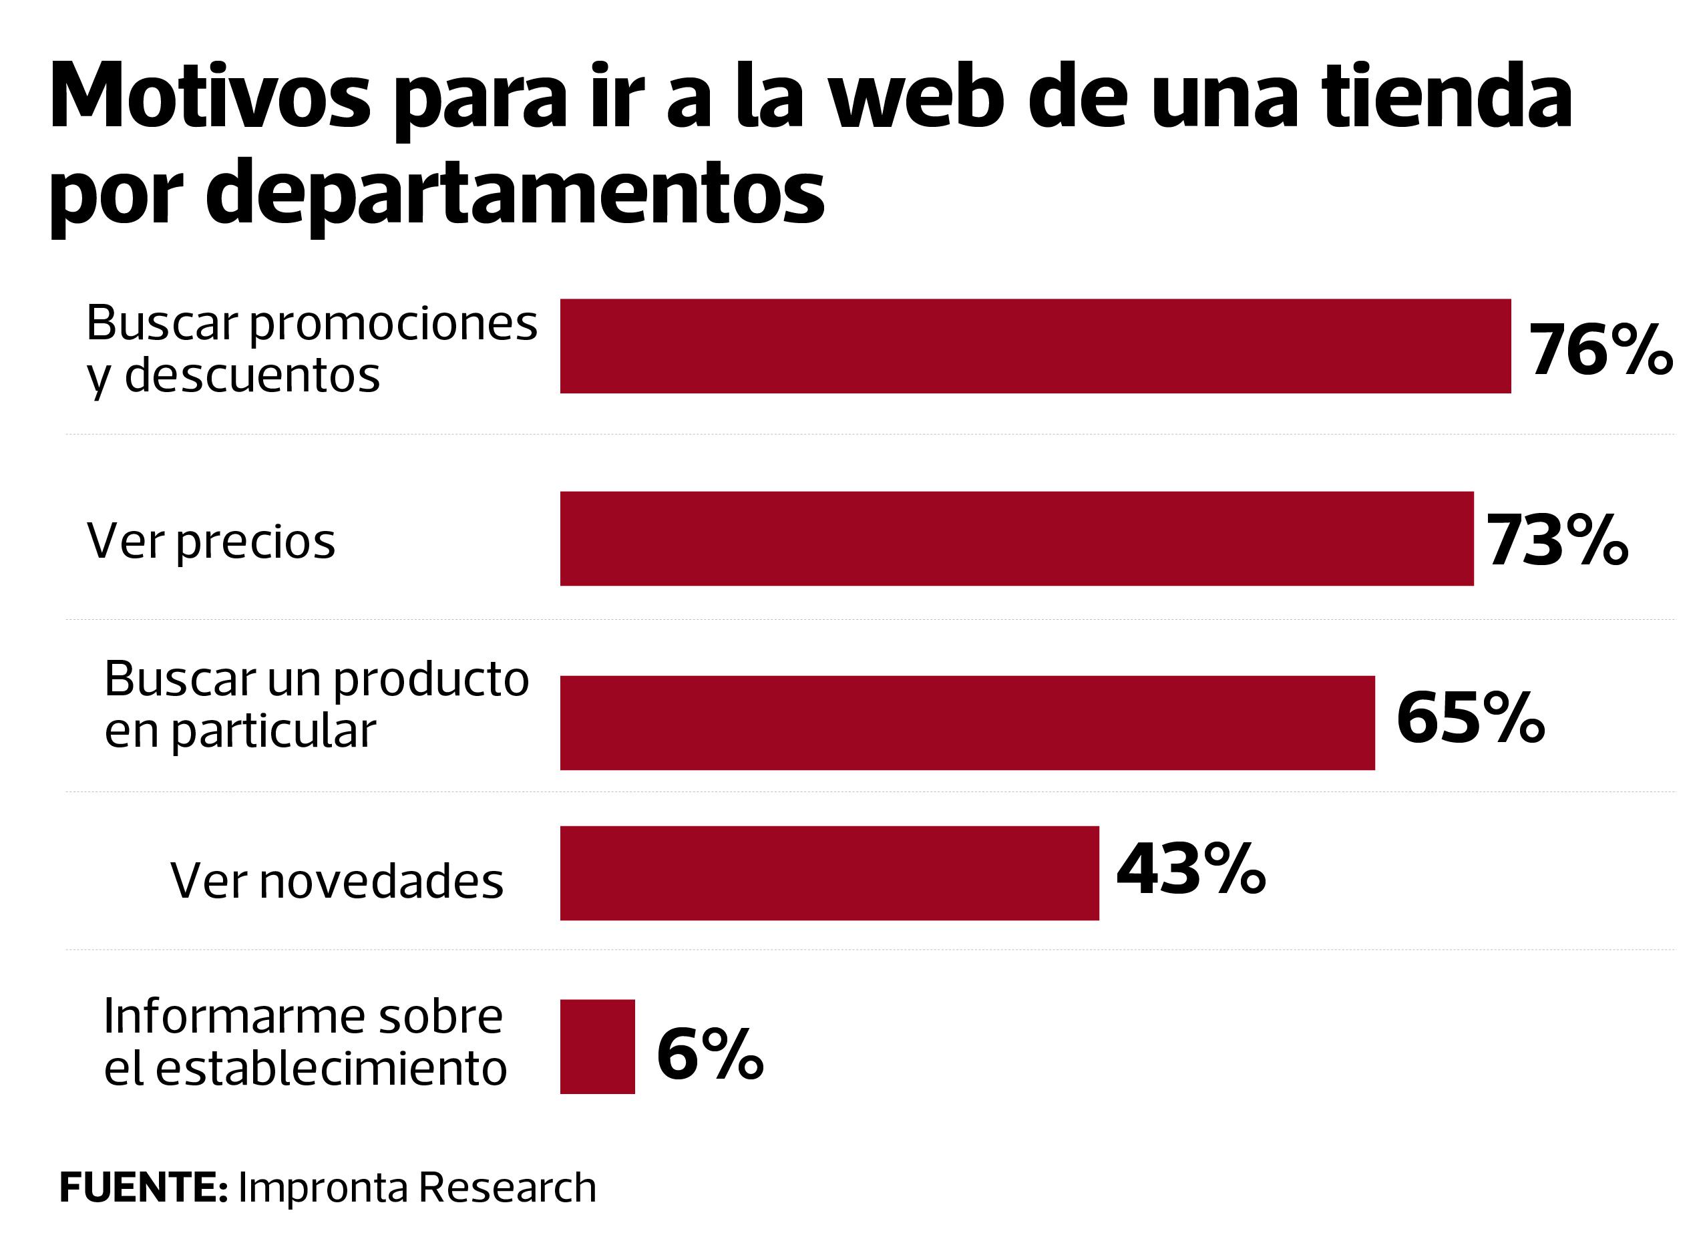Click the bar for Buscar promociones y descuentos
click(x=1035, y=346)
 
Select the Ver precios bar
click(x=1016, y=539)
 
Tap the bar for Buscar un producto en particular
click(x=967, y=723)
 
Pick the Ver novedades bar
click(x=829, y=874)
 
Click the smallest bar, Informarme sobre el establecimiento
click(x=598, y=1047)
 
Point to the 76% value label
click(x=1600, y=350)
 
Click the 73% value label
click(x=1557, y=540)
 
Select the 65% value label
click(x=1471, y=719)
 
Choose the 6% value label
click(x=710, y=1055)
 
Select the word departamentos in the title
click(x=515, y=194)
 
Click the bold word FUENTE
click(x=143, y=1188)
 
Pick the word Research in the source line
click(x=506, y=1188)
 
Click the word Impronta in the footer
click(x=324, y=1188)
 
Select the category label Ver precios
click(x=211, y=542)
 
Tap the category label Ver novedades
click(x=337, y=880)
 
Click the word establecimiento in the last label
click(x=331, y=1069)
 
